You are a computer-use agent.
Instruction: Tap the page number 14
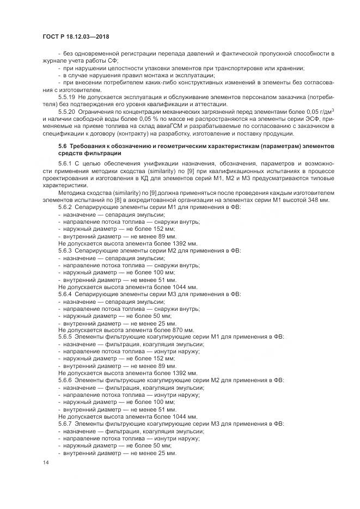click(45, 462)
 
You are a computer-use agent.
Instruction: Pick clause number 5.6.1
click(65, 164)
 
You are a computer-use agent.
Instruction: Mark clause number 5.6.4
click(65, 294)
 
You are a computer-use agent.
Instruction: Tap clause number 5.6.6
click(65, 380)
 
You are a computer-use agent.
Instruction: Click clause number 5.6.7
click(65, 423)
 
